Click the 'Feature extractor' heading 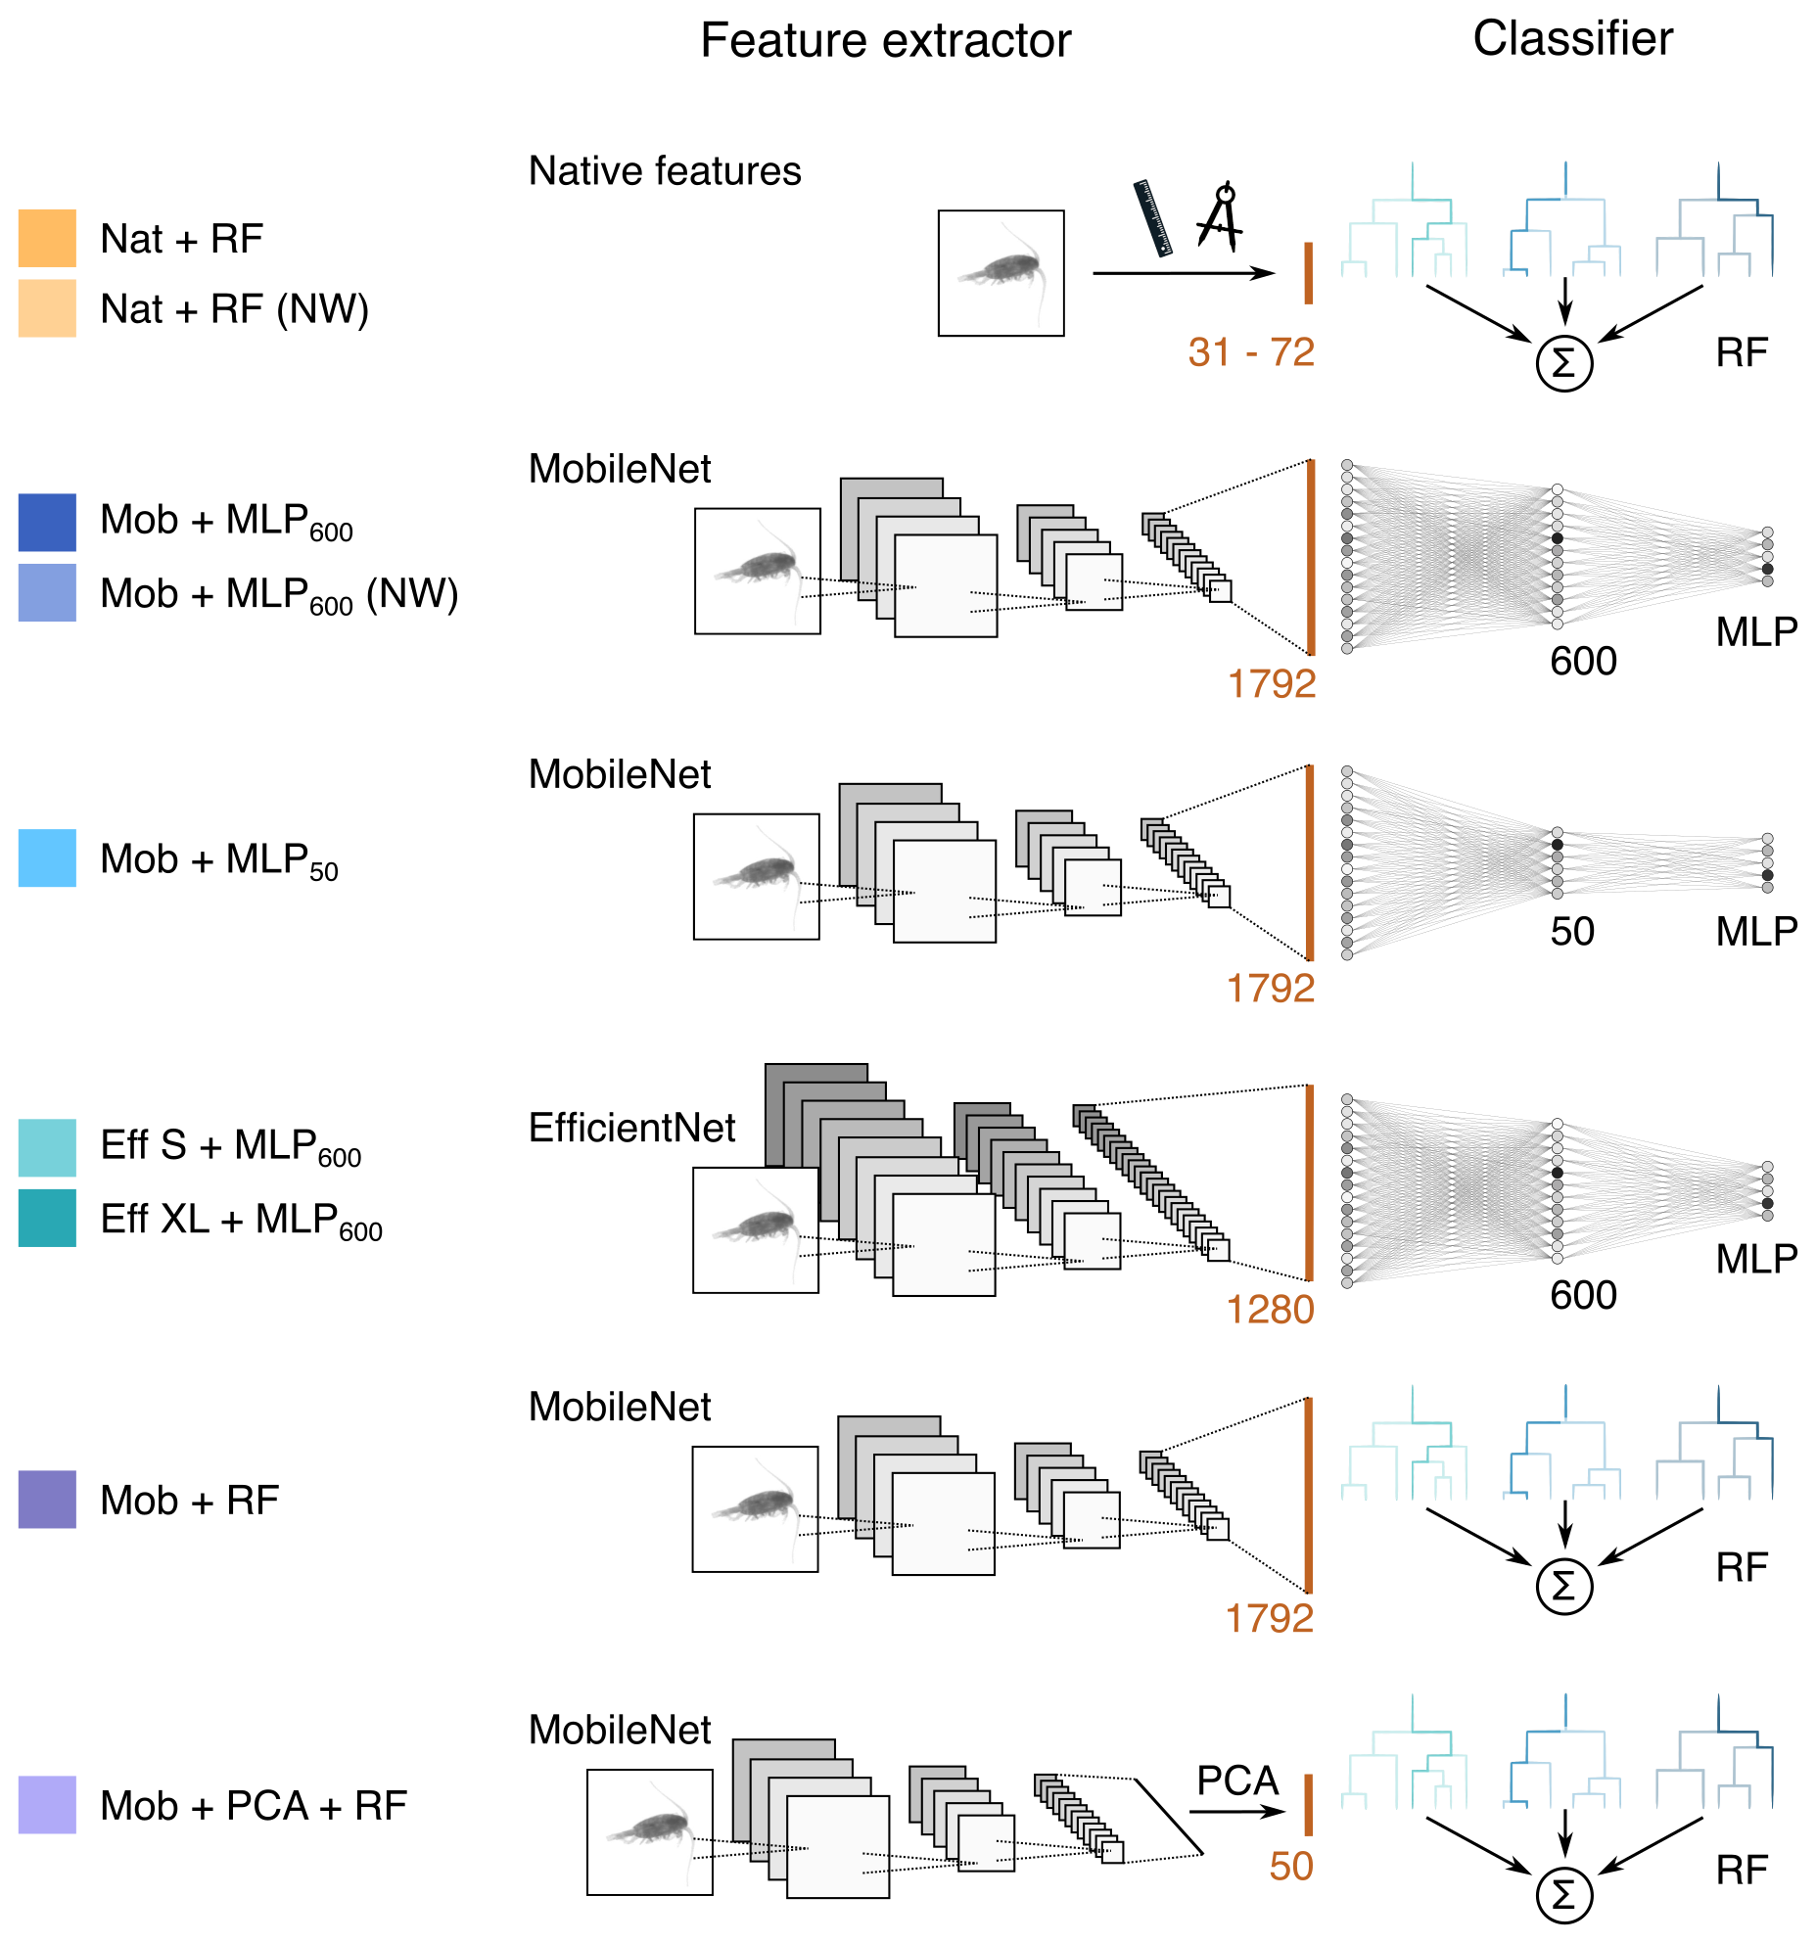(x=885, y=41)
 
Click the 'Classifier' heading (x=1572, y=39)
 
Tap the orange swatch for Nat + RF (x=47, y=238)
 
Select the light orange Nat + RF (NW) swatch (x=47, y=308)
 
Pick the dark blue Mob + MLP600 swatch (x=47, y=522)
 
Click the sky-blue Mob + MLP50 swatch (x=47, y=857)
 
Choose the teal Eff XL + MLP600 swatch (x=47, y=1218)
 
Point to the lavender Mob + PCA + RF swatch (x=47, y=1804)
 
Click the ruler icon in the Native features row (x=1153, y=217)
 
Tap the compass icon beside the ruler (x=1220, y=217)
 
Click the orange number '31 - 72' (x=1250, y=352)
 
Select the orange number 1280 (x=1270, y=1310)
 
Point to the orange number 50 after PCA (x=1290, y=1867)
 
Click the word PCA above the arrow (x=1237, y=1781)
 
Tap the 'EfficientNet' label (x=631, y=1129)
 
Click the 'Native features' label (x=665, y=171)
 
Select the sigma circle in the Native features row (x=1563, y=364)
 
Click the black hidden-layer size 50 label (x=1572, y=931)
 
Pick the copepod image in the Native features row (x=1001, y=273)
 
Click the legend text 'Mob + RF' (x=190, y=1500)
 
